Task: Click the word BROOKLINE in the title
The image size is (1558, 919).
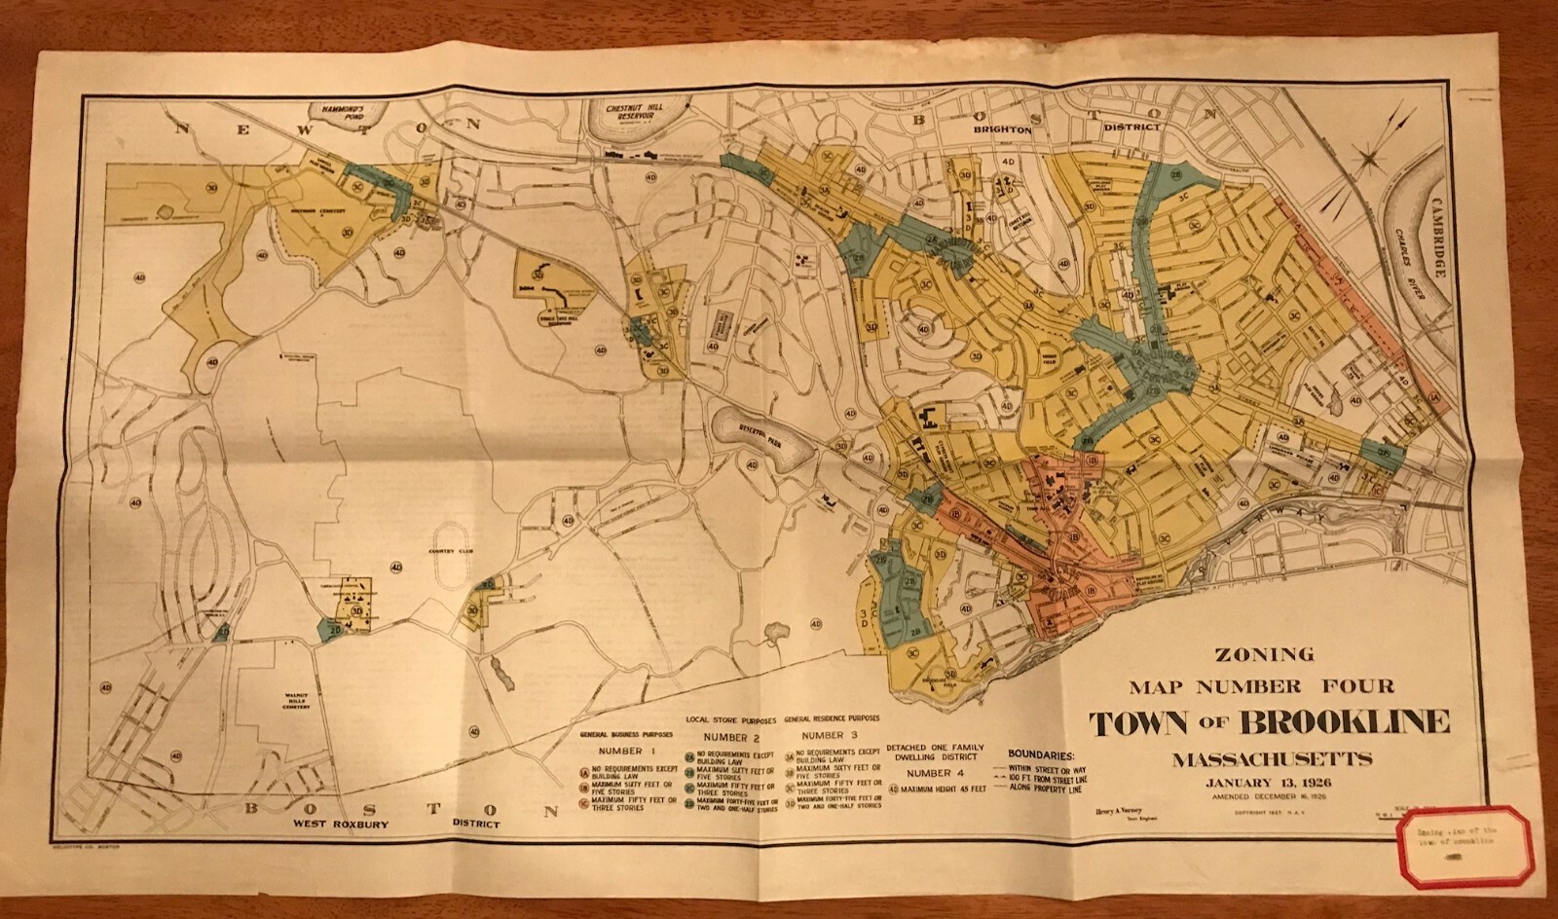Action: coord(1348,722)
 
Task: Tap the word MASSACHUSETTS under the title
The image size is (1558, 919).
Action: coord(1273,757)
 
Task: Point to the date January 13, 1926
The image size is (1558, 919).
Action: coord(1272,782)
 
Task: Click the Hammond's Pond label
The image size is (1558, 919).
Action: coord(336,113)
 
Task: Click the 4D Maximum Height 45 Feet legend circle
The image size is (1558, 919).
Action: coord(894,790)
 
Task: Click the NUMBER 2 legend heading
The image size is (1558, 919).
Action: coord(731,737)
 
